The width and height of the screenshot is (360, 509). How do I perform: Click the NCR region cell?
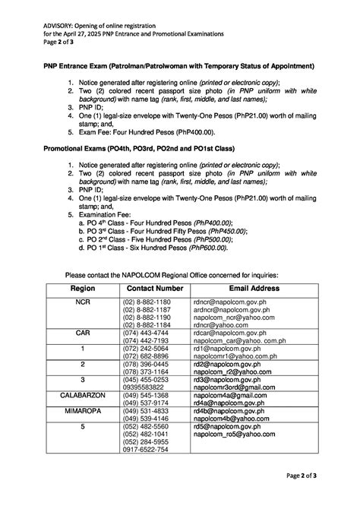(82, 302)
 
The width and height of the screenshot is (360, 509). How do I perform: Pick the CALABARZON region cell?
(82, 396)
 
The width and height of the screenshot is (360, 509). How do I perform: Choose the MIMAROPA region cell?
(82, 411)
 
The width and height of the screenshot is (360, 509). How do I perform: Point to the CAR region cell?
(82, 333)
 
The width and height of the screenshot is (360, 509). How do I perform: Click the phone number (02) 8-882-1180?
(146, 302)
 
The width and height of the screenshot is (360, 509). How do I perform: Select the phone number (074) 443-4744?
(146, 333)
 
